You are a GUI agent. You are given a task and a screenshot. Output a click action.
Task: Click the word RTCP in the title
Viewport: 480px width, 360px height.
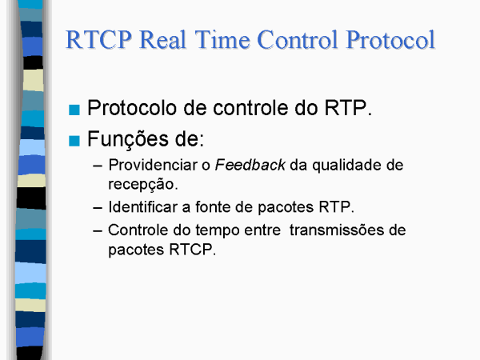[x=98, y=40]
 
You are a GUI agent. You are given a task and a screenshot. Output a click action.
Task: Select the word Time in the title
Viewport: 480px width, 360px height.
[x=222, y=40]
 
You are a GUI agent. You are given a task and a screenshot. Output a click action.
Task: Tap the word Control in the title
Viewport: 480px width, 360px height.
[x=298, y=40]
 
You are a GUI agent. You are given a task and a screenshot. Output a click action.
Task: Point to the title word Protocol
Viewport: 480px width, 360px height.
[x=390, y=40]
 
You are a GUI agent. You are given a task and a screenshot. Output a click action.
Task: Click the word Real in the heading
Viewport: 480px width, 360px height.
[x=163, y=40]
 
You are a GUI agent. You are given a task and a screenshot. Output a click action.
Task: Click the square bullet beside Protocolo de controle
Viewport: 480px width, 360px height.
[x=74, y=110]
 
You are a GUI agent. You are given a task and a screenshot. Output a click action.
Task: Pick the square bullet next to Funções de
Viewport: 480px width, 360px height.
[x=74, y=141]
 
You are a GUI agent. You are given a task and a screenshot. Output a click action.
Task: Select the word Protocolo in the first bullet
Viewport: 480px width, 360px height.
[x=132, y=108]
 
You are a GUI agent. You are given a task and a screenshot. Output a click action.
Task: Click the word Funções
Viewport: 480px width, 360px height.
[x=128, y=139]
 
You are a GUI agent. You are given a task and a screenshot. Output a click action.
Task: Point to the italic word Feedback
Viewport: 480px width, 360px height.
[x=250, y=165]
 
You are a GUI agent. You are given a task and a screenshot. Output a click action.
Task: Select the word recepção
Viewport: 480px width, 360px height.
[x=143, y=185]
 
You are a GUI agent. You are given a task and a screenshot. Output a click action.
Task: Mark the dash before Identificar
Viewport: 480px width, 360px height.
[x=98, y=208]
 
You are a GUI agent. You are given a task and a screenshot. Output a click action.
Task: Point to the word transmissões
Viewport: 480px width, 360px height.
[x=337, y=230]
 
